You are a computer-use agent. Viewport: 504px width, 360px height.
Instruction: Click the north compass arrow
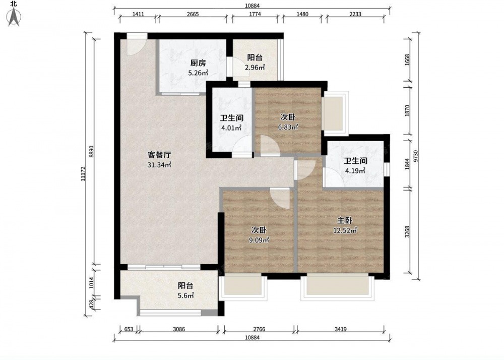point(14,17)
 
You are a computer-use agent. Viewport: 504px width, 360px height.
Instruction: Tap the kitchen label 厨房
point(198,63)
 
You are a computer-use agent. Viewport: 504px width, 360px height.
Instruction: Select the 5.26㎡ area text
point(198,73)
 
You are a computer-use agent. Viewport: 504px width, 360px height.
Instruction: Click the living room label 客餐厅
point(159,155)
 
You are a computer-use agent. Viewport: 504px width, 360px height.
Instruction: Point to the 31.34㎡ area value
point(159,165)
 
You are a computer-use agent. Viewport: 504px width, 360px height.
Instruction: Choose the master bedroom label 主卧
point(345,220)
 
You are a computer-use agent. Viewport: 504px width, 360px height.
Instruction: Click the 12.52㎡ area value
point(345,231)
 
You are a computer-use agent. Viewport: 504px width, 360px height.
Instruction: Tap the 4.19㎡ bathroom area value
point(355,171)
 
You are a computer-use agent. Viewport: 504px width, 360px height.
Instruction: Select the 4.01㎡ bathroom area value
point(231,128)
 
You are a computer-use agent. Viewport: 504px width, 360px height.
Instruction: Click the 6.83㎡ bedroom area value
point(288,127)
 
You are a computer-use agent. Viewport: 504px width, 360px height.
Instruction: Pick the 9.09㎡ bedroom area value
point(259,240)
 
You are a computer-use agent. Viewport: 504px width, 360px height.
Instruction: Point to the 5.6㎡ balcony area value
point(186,295)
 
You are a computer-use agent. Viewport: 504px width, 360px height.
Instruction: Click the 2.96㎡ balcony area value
point(255,68)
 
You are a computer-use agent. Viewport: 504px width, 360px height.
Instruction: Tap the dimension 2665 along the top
point(193,14)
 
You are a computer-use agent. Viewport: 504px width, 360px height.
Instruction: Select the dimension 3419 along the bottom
point(340,329)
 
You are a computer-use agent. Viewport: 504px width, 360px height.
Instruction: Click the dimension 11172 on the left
point(83,174)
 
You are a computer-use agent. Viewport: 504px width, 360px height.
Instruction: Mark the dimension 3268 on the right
point(407,232)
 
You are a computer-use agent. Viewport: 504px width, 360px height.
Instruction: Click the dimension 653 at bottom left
point(129,329)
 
